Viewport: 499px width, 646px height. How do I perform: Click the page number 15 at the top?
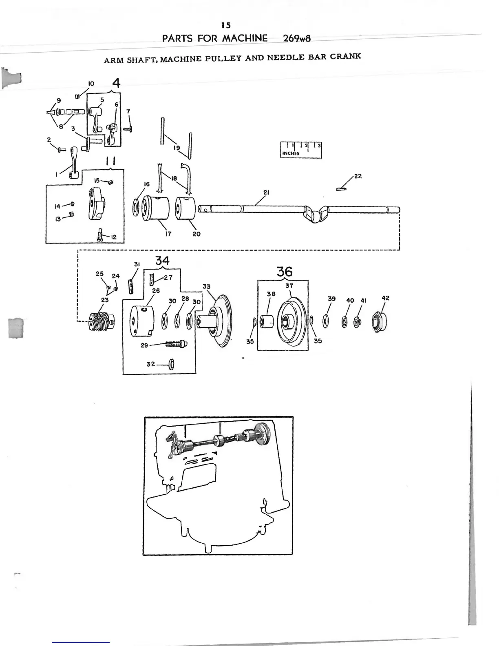pyautogui.click(x=226, y=25)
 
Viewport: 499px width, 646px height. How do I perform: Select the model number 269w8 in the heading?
pyautogui.click(x=296, y=39)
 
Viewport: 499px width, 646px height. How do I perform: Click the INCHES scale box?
pyautogui.click(x=301, y=150)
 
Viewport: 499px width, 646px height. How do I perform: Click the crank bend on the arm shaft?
pyautogui.click(x=317, y=214)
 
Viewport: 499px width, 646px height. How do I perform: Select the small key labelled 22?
pyautogui.click(x=342, y=188)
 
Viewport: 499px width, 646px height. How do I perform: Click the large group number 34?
pyautogui.click(x=162, y=260)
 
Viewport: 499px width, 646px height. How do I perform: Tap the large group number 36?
pyautogui.click(x=284, y=272)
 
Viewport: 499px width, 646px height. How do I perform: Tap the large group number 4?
pyautogui.click(x=116, y=83)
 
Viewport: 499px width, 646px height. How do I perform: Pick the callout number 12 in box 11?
pyautogui.click(x=114, y=237)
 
